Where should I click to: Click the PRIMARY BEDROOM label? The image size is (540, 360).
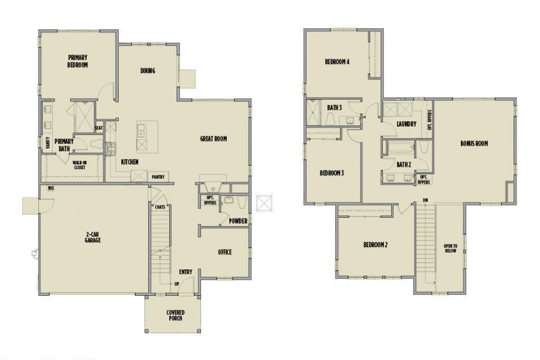pos(77,61)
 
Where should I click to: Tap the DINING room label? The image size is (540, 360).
pos(148,71)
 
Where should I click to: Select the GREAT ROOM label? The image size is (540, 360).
pos(214,139)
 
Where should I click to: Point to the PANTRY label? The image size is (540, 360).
pos(158,177)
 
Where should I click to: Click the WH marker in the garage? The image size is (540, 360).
pos(50,188)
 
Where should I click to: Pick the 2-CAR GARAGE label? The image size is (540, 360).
pos(92,237)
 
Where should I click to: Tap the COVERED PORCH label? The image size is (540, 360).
pos(176,315)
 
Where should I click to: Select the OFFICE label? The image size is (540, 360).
pos(225,252)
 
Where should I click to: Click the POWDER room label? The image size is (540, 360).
pos(238,221)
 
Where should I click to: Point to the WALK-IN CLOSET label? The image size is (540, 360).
pos(80,165)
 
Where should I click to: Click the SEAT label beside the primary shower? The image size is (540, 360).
pos(99,128)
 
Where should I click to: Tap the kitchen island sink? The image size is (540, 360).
pos(140,130)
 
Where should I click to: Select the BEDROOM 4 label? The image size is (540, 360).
pos(337,62)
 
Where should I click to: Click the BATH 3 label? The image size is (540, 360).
pos(334,108)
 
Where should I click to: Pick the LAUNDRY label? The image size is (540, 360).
pos(406,124)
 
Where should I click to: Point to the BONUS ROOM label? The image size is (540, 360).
pos(474,143)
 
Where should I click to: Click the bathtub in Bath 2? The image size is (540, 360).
pos(401,148)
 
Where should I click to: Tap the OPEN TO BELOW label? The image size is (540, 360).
pos(451,248)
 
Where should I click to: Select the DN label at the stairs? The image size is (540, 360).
pos(425,200)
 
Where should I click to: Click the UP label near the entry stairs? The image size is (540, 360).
pos(176,284)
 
